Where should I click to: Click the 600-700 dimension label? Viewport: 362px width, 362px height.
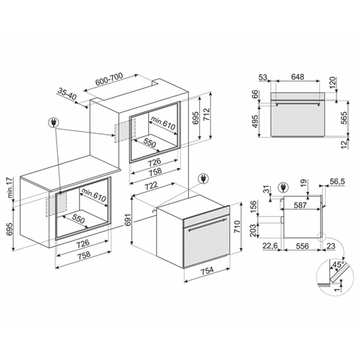pyautogui.click(x=109, y=79)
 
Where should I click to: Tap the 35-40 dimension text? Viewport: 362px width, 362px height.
pyautogui.click(x=67, y=93)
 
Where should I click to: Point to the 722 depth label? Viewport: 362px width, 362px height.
pyautogui.click(x=152, y=185)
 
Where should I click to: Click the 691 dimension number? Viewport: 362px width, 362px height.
pyautogui.click(x=128, y=219)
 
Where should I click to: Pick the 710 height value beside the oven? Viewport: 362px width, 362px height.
pyautogui.click(x=237, y=227)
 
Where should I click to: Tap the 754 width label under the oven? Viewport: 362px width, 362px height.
pyautogui.click(x=208, y=270)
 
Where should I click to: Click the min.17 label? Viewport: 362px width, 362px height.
pyautogui.click(x=10, y=188)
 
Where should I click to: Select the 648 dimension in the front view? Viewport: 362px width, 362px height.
pyautogui.click(x=298, y=77)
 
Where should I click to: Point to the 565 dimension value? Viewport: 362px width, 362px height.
pyautogui.click(x=345, y=118)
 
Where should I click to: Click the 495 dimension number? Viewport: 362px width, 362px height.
pyautogui.click(x=254, y=122)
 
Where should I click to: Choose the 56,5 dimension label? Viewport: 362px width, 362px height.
pyautogui.click(x=337, y=182)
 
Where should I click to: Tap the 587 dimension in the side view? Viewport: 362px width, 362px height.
pyautogui.click(x=300, y=205)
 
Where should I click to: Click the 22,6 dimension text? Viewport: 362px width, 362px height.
pyautogui.click(x=270, y=246)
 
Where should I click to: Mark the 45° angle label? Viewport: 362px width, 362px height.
pyautogui.click(x=338, y=265)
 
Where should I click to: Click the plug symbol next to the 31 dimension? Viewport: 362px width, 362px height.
pyautogui.click(x=283, y=188)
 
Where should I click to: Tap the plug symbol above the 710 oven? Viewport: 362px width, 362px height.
pyautogui.click(x=203, y=179)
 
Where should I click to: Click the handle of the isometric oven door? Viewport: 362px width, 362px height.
pyautogui.click(x=208, y=224)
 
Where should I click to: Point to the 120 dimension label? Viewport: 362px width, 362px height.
pyautogui.click(x=332, y=83)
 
